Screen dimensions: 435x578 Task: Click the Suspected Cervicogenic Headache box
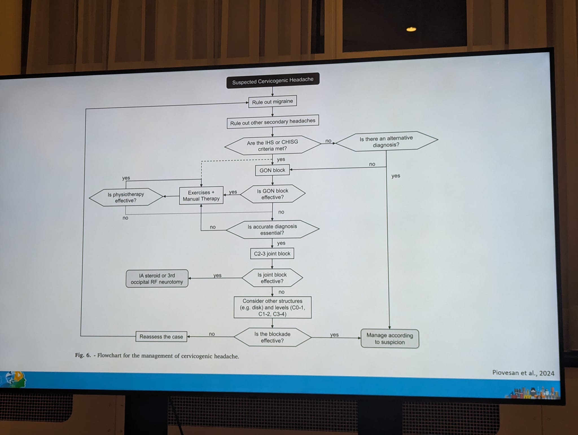tap(273, 81)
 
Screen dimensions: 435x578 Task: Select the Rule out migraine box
tap(272, 102)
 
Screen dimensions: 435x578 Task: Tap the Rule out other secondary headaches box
tap(273, 122)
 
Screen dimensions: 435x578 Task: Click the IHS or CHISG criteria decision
tap(272, 145)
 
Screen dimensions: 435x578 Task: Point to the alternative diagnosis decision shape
tap(386, 141)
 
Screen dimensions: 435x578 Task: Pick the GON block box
tap(272, 170)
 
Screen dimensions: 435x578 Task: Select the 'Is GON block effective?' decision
tap(273, 194)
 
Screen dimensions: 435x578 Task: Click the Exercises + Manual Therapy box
tap(201, 195)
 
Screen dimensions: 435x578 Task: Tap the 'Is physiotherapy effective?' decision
tap(126, 197)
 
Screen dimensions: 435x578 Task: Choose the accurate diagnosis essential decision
tap(272, 229)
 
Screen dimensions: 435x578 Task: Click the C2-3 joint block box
tap(272, 253)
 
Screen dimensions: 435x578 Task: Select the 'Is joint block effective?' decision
tap(272, 278)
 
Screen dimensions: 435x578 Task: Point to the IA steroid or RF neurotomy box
tap(157, 278)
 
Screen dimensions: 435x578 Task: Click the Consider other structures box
tap(272, 307)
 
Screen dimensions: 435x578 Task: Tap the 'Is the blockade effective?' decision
tap(272, 337)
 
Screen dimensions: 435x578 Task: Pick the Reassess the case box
tap(161, 337)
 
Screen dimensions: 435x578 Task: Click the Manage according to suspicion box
tap(390, 339)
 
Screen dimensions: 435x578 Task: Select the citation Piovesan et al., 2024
tap(523, 373)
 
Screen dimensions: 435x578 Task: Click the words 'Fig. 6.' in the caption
tap(83, 355)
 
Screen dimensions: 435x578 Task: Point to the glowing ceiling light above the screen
tap(411, 29)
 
